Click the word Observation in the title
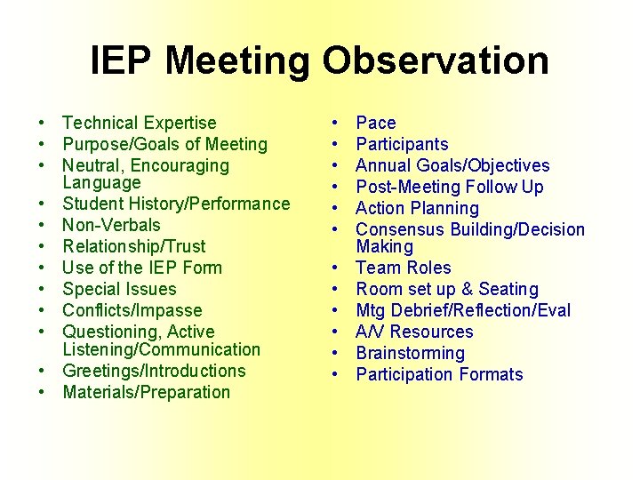(436, 61)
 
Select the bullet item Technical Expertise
(140, 123)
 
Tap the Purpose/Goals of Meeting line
(164, 144)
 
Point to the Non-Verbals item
(111, 225)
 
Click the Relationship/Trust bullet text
(133, 246)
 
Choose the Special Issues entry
(119, 289)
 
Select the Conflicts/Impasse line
(132, 310)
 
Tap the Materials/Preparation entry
(146, 392)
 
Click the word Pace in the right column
(376, 123)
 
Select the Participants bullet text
(402, 144)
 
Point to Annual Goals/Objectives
(452, 165)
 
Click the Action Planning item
(417, 208)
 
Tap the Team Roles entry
(404, 268)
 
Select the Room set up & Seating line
(447, 289)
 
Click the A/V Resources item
(414, 332)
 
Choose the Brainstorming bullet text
(410, 353)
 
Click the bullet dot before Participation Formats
(335, 374)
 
